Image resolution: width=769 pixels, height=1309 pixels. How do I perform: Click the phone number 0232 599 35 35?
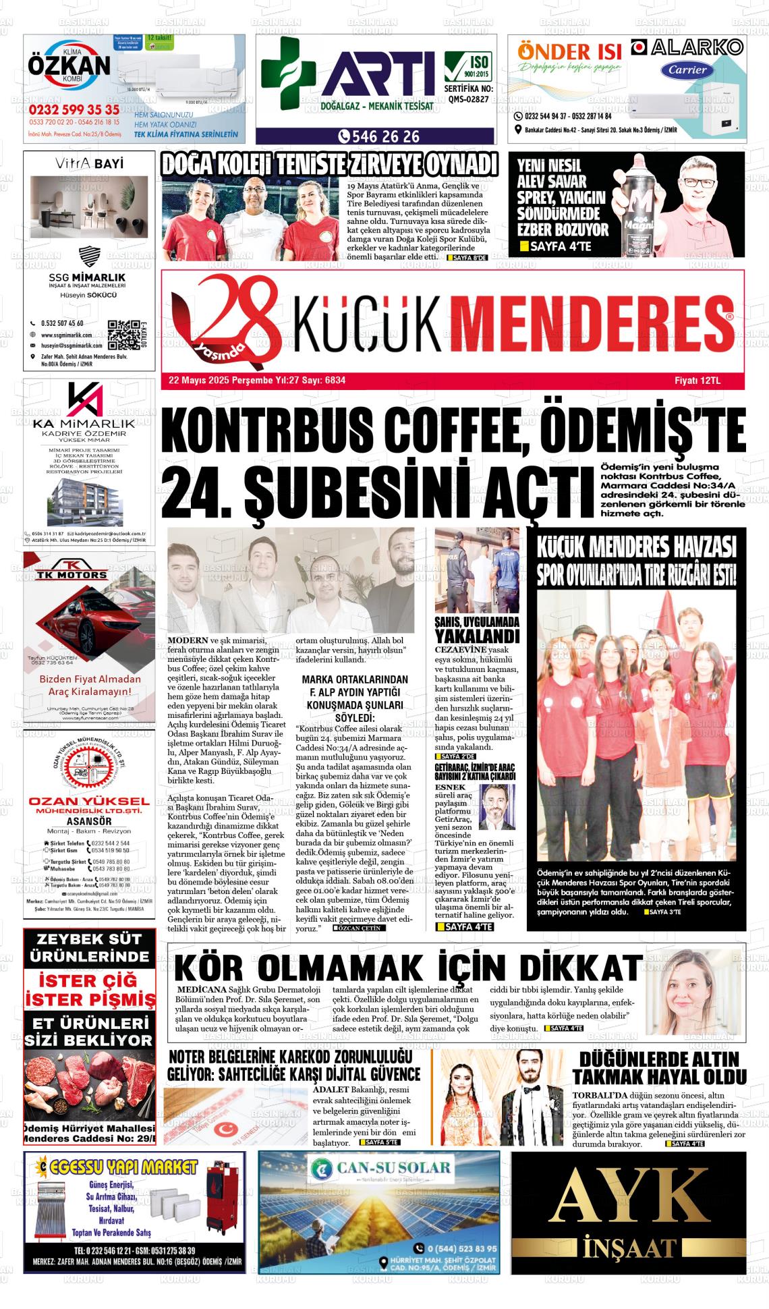74,110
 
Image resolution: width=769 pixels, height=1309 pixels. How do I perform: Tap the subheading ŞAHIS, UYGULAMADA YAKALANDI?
477,630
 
